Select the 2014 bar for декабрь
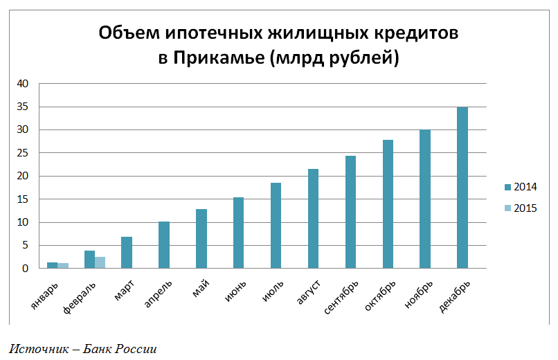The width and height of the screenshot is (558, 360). [462, 188]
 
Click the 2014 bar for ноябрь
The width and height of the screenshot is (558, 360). [425, 199]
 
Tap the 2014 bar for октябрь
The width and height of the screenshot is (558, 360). [388, 204]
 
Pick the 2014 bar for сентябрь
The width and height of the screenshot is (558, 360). [350, 212]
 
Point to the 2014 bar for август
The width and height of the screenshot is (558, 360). [313, 219]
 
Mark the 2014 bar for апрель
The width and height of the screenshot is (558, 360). [163, 245]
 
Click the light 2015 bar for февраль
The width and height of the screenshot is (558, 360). [100, 262]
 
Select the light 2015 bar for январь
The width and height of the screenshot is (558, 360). [63, 266]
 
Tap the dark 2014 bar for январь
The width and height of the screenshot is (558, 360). [52, 265]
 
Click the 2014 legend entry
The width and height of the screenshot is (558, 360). [520, 187]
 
